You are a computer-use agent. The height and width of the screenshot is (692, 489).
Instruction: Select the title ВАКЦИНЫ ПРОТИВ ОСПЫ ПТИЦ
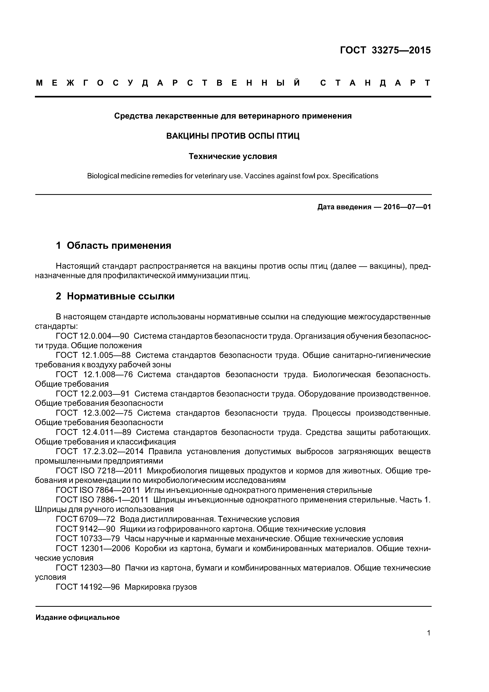click(233, 136)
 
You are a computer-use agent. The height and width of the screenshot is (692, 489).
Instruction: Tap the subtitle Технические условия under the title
click(233, 156)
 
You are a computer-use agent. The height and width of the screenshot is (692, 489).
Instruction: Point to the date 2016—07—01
click(407, 207)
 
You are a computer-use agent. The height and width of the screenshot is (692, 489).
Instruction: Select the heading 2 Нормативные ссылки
click(115, 296)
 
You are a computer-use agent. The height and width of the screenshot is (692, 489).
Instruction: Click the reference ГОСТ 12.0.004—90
click(92, 336)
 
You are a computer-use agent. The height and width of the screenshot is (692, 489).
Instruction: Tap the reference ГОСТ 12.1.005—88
click(93, 355)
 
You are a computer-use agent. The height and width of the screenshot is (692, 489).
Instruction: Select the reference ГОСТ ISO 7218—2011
click(99, 471)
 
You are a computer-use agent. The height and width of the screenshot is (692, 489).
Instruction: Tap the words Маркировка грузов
click(160, 587)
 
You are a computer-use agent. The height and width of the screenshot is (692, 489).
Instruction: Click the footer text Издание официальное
click(77, 617)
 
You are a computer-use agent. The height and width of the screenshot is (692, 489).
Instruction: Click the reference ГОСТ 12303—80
click(88, 568)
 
